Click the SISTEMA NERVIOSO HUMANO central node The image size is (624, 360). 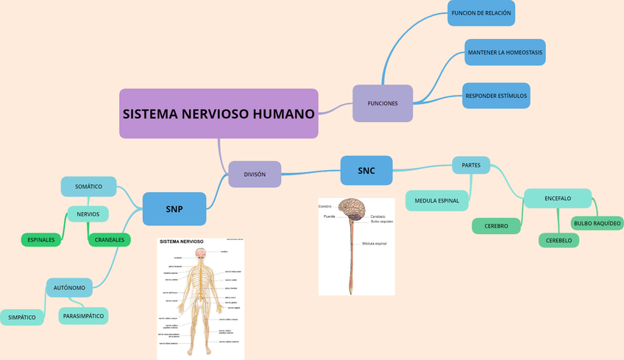click(x=219, y=114)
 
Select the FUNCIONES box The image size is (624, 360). click(x=382, y=103)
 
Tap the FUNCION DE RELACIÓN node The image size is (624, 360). click(x=481, y=13)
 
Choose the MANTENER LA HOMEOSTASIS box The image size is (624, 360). click(x=505, y=52)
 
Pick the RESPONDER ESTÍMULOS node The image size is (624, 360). click(x=496, y=96)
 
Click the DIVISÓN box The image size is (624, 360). click(x=255, y=174)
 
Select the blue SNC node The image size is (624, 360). click(x=366, y=171)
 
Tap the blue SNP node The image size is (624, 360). click(x=174, y=209)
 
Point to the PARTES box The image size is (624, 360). click(x=471, y=166)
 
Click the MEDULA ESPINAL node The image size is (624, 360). click(x=436, y=200)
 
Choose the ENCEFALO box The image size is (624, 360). click(x=557, y=198)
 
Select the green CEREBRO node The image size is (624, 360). click(x=496, y=226)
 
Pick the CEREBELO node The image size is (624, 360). click(x=559, y=240)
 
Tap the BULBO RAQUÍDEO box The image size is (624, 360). click(x=597, y=222)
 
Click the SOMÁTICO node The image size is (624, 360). click(x=88, y=186)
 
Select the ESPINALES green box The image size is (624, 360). click(x=41, y=239)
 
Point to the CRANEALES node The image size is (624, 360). click(x=109, y=239)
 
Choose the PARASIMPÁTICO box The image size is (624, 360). click(x=83, y=316)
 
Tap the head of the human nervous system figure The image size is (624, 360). click(x=200, y=254)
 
